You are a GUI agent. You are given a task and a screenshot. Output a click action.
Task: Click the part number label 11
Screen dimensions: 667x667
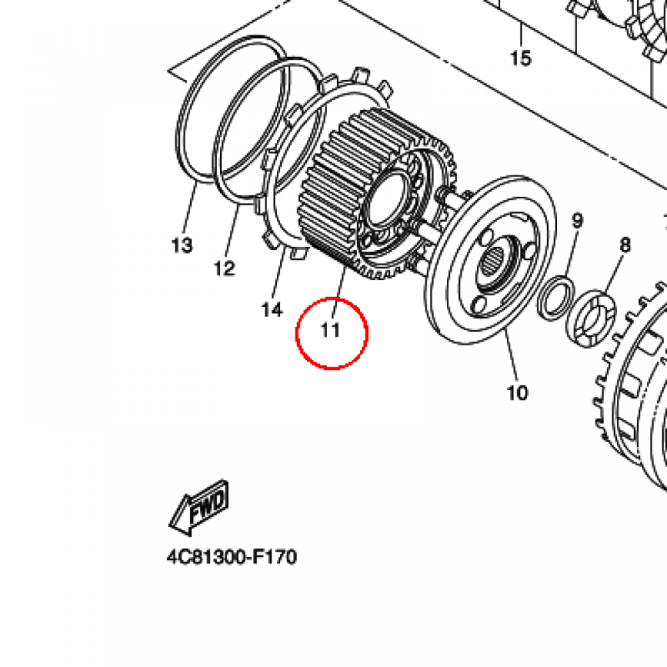[331, 330]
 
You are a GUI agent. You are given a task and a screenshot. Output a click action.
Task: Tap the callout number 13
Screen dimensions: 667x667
[182, 246]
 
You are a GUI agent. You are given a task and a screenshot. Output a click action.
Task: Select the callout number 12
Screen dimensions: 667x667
[224, 268]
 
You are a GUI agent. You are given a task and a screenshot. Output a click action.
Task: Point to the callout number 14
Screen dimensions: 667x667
[272, 310]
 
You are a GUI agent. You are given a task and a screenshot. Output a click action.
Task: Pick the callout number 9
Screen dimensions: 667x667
[577, 221]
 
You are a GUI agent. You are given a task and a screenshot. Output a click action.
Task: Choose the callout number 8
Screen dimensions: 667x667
[625, 245]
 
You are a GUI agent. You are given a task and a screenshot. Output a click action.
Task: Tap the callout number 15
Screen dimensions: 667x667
[520, 59]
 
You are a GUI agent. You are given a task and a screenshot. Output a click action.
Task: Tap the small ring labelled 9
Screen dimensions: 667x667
[556, 299]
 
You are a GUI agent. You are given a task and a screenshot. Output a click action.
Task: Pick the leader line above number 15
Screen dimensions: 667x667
[520, 36]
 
